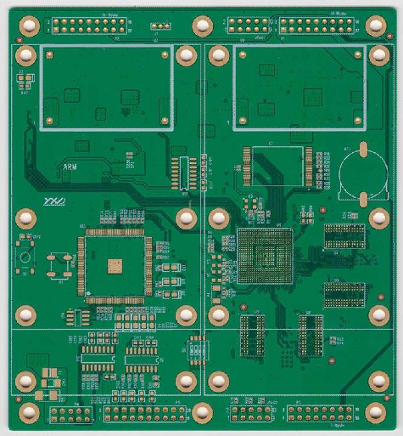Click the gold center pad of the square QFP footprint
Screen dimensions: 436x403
coord(113,268)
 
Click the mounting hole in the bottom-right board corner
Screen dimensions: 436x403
coord(374,413)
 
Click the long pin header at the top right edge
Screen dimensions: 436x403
coord(317,25)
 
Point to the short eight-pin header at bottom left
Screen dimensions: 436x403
coord(71,414)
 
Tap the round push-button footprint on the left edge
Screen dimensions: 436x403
coord(25,257)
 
